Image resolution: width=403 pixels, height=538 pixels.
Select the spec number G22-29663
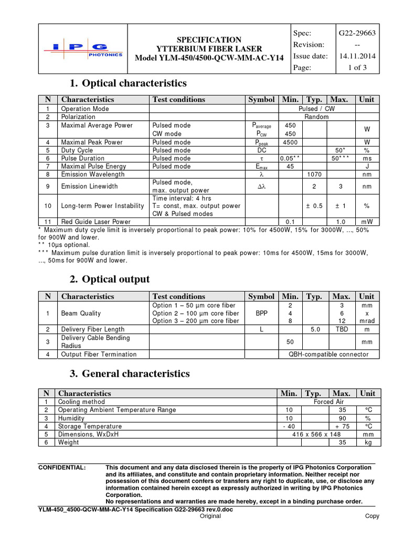pos(357,33)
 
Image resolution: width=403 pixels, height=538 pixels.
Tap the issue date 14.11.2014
pos(357,56)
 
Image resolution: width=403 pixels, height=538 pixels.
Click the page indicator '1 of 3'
pos(357,68)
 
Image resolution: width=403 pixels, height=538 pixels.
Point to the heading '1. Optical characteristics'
pos(128,83)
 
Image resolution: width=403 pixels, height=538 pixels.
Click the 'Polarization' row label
pos(78,117)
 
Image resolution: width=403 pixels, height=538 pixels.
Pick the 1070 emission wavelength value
pos(314,174)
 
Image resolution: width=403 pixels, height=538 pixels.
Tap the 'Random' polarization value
pos(316,117)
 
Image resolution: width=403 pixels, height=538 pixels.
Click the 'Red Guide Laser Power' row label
pos(96,222)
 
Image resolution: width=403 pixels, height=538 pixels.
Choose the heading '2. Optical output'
pos(110,279)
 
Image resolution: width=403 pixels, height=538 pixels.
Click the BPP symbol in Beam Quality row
pos(261,313)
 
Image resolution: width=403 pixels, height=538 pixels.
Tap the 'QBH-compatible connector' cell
pos(329,354)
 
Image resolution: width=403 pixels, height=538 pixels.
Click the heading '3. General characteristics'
pos(130,374)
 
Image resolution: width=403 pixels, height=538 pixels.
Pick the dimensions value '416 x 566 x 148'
pos(315,434)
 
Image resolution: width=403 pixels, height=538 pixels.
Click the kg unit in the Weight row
pos(367,442)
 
